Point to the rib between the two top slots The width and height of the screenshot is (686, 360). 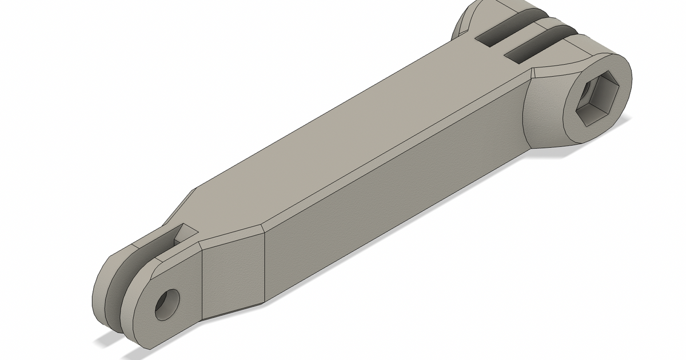517,40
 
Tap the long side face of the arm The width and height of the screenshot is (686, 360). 389,206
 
